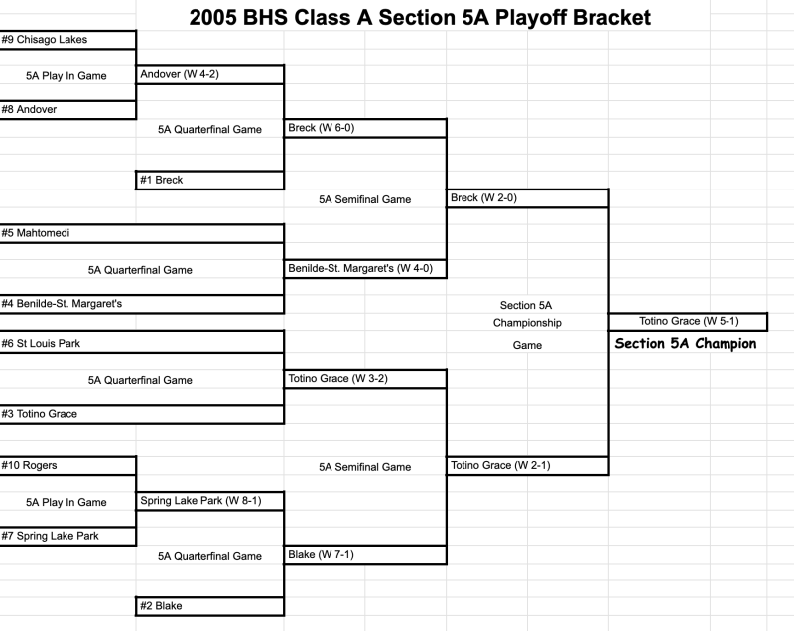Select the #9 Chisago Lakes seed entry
click(x=45, y=39)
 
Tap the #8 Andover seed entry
click(x=30, y=109)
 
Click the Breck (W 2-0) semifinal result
click(x=483, y=197)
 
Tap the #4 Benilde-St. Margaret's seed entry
click(x=62, y=303)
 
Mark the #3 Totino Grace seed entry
click(x=40, y=414)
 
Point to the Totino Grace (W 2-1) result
click(x=499, y=465)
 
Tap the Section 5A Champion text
click(x=686, y=344)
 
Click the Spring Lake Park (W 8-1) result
click(x=200, y=500)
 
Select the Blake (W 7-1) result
click(x=320, y=554)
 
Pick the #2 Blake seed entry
click(x=162, y=605)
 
